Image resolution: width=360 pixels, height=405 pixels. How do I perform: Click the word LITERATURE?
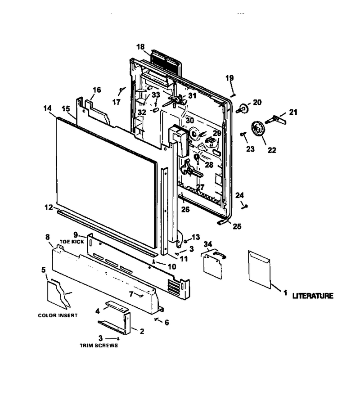click(313, 296)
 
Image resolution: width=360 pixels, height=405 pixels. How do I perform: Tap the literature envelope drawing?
click(259, 269)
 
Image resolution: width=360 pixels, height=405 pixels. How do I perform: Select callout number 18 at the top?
click(140, 47)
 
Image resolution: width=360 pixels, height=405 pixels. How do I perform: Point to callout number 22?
click(272, 150)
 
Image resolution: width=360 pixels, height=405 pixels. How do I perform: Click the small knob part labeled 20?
click(243, 108)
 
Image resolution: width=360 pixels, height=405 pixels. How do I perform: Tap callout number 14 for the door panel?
click(48, 108)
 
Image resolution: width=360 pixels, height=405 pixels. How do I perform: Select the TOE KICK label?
click(72, 242)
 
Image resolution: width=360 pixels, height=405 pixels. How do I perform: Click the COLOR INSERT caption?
click(58, 315)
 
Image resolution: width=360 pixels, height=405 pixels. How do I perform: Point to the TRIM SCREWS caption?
click(99, 345)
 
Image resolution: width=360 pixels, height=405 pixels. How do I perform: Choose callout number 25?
click(237, 226)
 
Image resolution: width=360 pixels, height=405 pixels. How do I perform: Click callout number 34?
click(208, 244)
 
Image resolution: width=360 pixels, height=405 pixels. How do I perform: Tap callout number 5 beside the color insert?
click(43, 270)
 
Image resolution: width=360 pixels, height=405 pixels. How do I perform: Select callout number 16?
click(97, 90)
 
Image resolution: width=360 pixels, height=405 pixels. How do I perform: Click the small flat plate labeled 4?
click(117, 305)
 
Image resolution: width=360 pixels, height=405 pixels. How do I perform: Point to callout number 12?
click(49, 207)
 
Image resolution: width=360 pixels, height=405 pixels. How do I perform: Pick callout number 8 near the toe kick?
click(48, 237)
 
